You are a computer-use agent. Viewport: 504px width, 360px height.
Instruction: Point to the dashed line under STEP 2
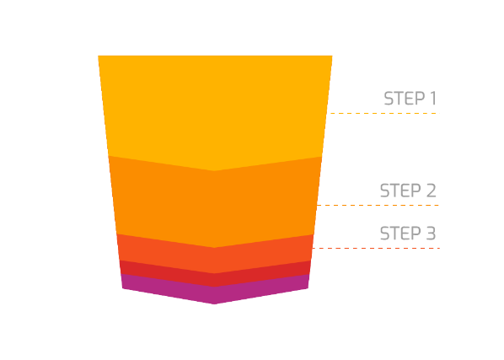(378, 205)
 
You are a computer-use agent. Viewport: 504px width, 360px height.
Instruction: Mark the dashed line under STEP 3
(376, 248)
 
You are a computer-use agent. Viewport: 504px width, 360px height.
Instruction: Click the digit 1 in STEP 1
(433, 99)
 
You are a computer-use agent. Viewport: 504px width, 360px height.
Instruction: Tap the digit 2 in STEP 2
(431, 191)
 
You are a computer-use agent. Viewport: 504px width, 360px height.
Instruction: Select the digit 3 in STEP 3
(431, 233)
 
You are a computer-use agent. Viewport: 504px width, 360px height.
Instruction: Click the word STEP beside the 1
(404, 99)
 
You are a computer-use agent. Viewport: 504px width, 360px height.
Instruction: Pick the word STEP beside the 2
(400, 191)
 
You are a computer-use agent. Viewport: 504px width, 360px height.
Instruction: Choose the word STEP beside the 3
(400, 233)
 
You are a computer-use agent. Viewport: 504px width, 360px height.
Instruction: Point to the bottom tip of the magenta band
(214, 304)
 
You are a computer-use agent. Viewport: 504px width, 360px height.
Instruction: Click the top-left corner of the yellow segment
(99, 56)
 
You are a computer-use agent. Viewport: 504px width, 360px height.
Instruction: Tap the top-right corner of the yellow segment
(332, 56)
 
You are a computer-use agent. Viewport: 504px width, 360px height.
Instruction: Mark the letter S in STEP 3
(384, 233)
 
